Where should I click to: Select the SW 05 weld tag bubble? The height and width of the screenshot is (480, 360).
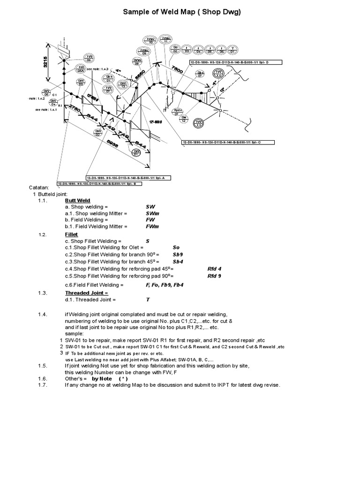click(x=46, y=91)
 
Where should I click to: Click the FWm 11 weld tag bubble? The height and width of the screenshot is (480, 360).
click(x=165, y=39)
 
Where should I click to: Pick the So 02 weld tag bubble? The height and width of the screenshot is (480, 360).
click(x=175, y=49)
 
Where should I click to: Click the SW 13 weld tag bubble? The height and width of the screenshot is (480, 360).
click(x=123, y=85)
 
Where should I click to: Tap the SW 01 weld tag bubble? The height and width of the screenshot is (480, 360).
click(x=136, y=152)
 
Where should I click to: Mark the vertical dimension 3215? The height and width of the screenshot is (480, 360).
click(x=46, y=59)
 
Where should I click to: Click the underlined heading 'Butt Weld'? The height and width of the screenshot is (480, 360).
click(x=77, y=200)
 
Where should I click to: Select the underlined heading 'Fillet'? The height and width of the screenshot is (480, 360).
click(x=71, y=234)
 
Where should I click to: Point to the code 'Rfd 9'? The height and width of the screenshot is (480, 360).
click(x=214, y=276)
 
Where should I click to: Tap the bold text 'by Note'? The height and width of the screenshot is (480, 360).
click(x=102, y=378)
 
